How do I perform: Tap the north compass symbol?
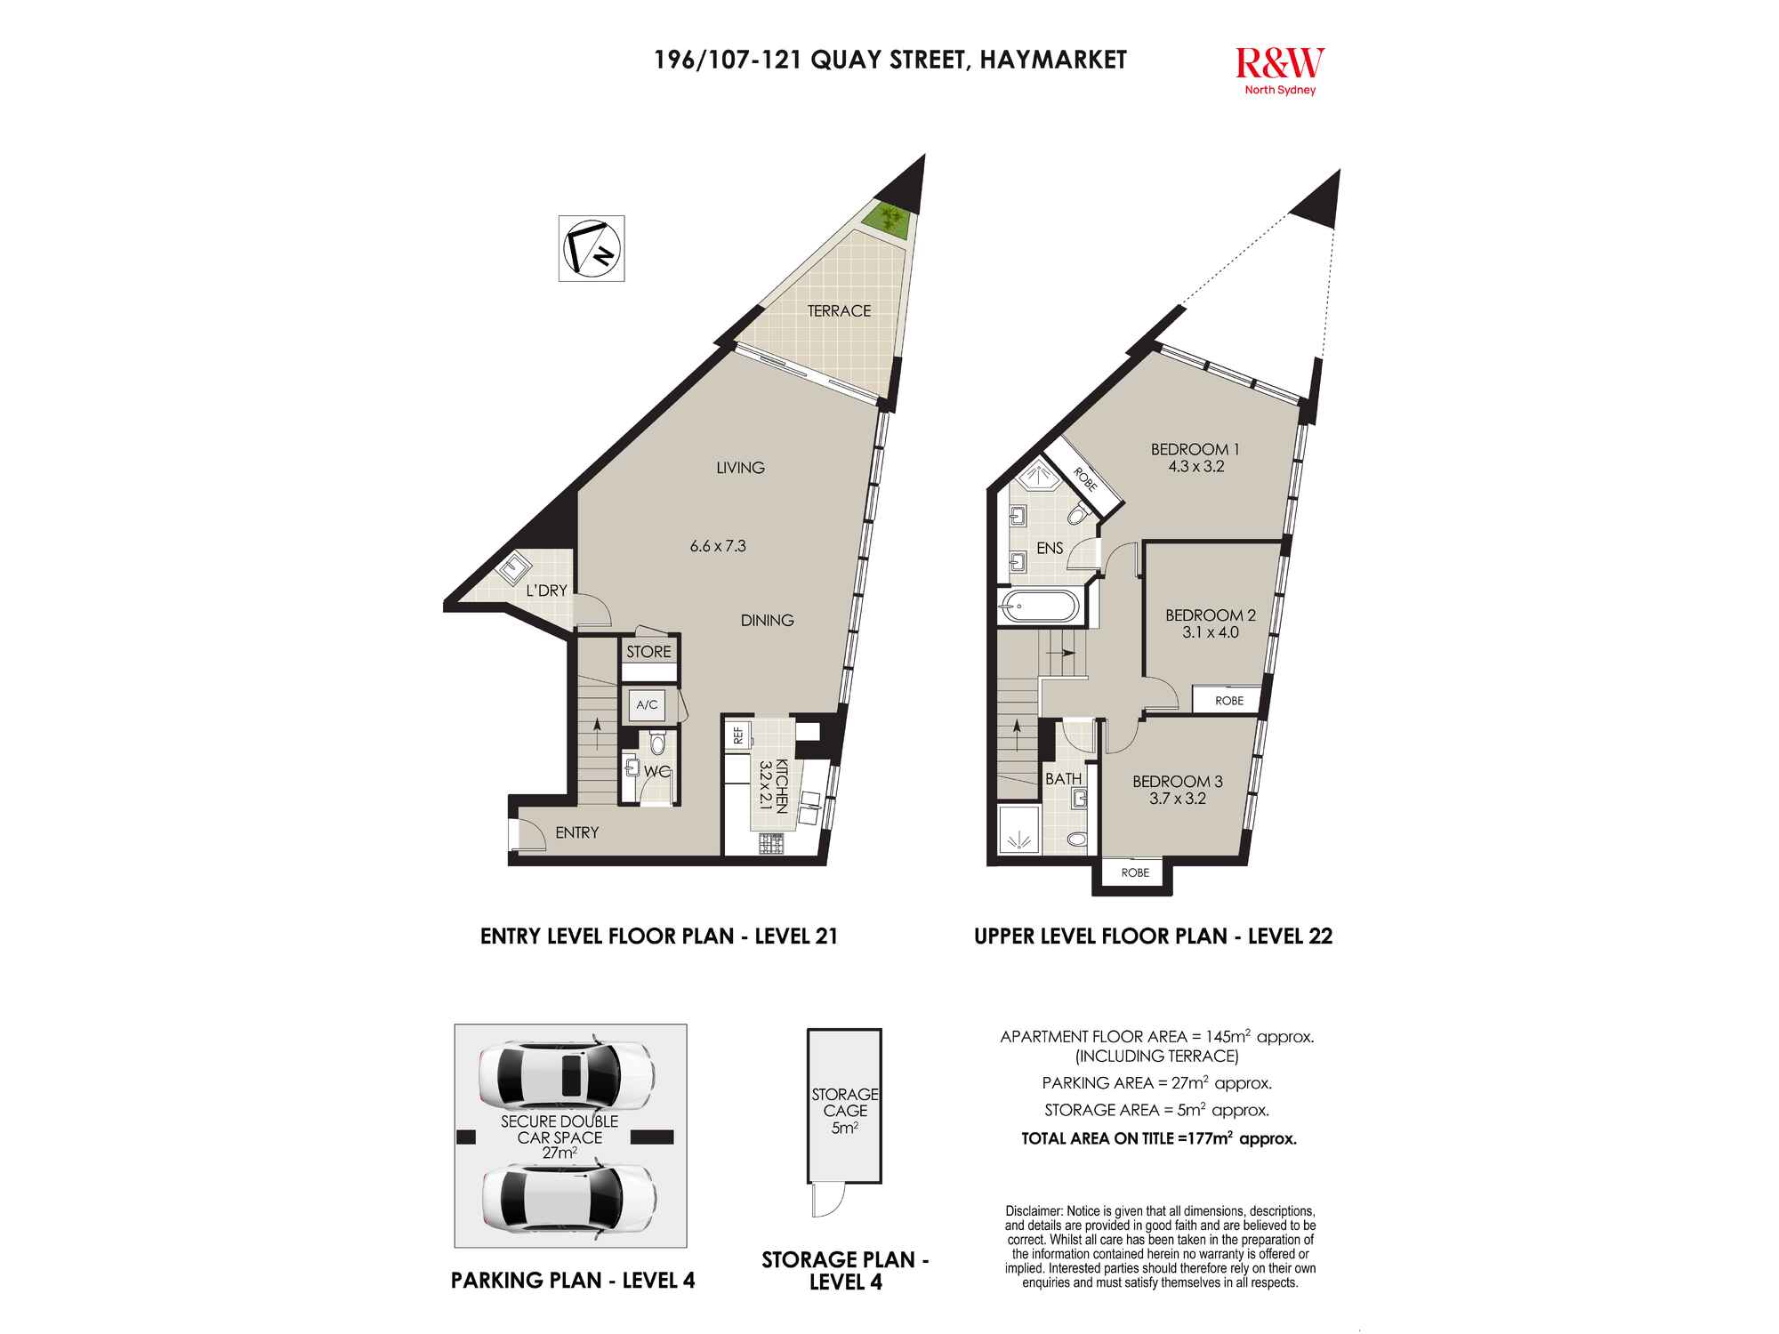click(592, 248)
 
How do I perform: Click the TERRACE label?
click(839, 310)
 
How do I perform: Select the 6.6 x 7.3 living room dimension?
click(718, 546)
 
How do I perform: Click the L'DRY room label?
click(546, 591)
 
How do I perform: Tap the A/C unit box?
click(647, 705)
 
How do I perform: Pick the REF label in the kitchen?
click(738, 735)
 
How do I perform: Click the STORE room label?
click(648, 652)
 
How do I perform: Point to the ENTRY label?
click(577, 832)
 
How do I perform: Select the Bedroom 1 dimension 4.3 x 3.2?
click(1195, 466)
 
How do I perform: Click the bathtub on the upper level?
click(1039, 607)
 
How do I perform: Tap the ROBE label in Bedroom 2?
click(1229, 701)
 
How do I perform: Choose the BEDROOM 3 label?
click(1178, 782)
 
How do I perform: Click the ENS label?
click(1050, 549)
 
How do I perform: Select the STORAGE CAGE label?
click(845, 1103)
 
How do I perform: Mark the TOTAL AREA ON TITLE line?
click(1159, 1138)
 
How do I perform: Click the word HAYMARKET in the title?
click(1053, 60)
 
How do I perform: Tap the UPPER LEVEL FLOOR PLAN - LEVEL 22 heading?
click(1153, 936)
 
